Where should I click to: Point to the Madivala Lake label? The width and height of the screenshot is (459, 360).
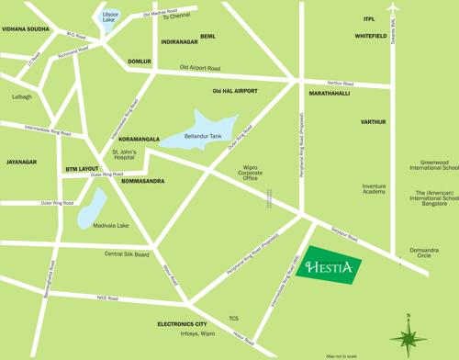click(110, 225)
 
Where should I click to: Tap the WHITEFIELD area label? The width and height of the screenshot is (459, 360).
click(372, 36)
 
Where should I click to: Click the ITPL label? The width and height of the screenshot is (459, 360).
click(369, 18)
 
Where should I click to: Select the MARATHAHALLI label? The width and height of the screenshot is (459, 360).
click(329, 94)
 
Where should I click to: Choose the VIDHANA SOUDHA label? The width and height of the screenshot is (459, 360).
click(25, 29)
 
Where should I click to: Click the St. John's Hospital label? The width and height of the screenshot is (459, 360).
click(126, 155)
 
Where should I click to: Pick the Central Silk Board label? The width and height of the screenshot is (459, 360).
click(127, 253)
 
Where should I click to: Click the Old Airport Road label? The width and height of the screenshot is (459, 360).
click(200, 67)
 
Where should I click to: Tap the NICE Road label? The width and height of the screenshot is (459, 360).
click(107, 297)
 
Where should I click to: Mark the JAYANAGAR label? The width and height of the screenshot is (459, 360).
click(21, 162)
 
